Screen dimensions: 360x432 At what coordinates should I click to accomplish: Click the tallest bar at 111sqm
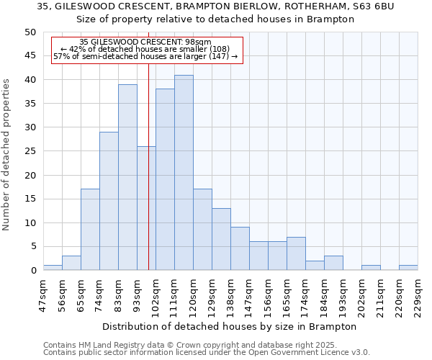click(x=184, y=173)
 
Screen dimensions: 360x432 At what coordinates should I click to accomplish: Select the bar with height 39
click(x=127, y=177)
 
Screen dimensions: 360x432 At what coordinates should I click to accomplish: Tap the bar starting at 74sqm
click(x=109, y=201)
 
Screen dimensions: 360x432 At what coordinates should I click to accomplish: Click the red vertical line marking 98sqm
click(x=148, y=180)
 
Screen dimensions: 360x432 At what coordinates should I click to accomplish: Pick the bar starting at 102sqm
click(x=165, y=179)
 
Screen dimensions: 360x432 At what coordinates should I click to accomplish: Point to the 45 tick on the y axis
click(x=30, y=55)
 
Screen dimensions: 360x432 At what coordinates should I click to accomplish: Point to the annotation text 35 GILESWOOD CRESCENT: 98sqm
click(x=145, y=42)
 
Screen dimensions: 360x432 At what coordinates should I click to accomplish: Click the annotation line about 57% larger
click(x=145, y=56)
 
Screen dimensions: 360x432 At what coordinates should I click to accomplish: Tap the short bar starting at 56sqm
click(x=71, y=263)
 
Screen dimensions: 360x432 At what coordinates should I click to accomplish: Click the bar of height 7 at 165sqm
click(x=296, y=253)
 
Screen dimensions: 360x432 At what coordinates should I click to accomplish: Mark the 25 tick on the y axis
click(x=30, y=151)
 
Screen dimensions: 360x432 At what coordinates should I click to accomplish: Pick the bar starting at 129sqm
click(x=221, y=239)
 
